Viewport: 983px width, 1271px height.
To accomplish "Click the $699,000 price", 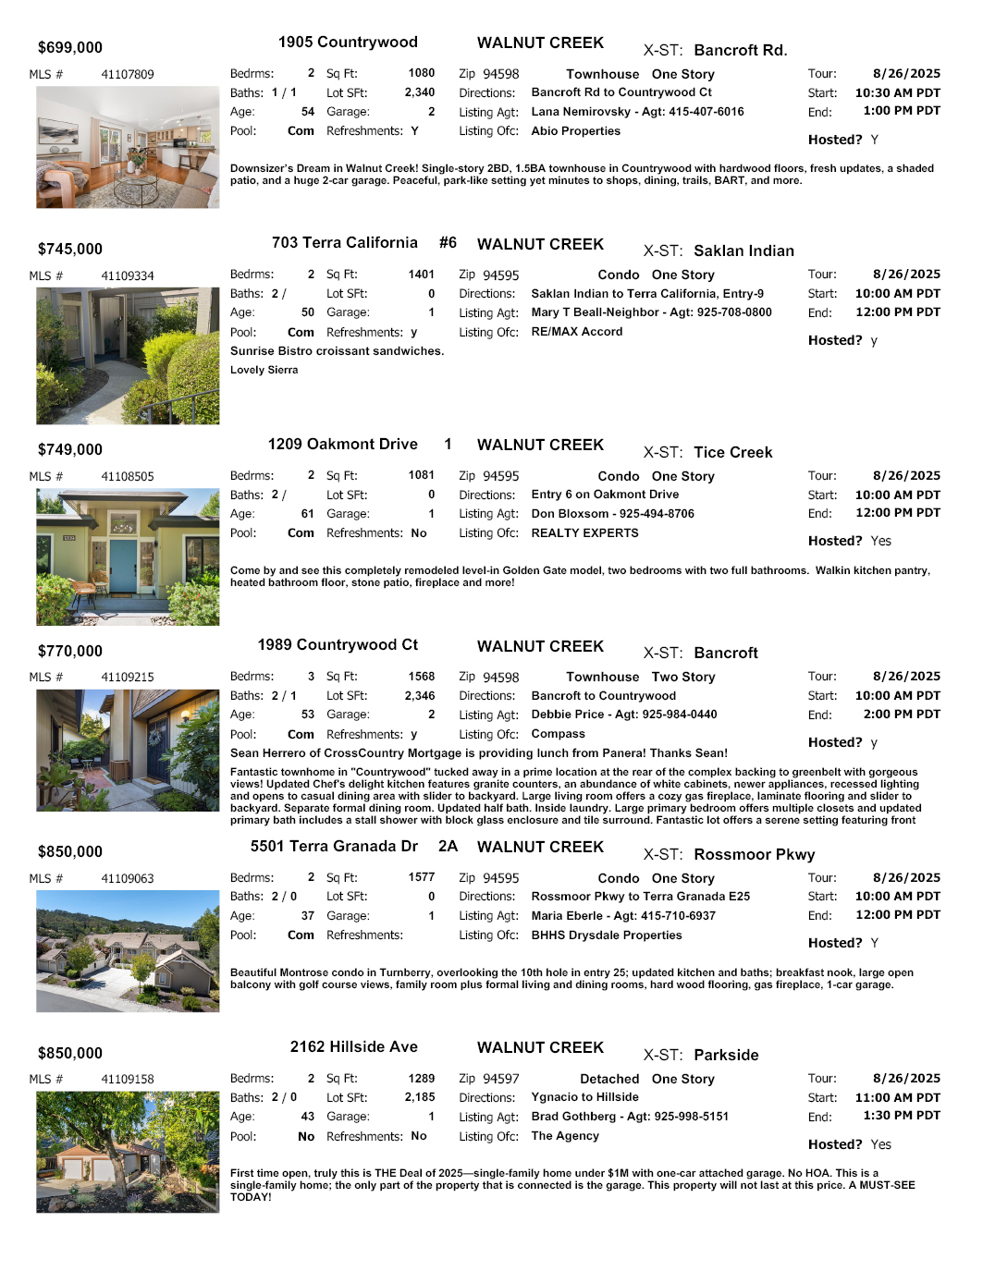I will click(70, 48).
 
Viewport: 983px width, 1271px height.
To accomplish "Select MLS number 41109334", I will click(128, 275).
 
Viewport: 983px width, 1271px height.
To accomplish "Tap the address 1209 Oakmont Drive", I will click(342, 445).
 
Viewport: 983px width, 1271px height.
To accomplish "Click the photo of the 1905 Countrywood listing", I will click(128, 147).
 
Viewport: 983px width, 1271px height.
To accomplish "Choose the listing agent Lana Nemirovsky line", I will click(637, 112).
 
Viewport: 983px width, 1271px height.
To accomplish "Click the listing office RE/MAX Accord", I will click(576, 332).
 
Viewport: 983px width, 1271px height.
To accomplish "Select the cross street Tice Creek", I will click(732, 452).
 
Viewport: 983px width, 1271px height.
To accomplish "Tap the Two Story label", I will click(682, 677).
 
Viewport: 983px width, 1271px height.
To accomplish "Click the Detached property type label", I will click(608, 1079).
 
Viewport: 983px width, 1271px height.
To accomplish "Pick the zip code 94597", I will click(501, 1079).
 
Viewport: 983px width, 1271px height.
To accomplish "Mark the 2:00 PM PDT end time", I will click(902, 715).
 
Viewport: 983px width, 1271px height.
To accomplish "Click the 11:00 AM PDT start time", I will click(897, 1097).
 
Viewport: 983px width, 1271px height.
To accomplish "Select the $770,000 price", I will click(70, 651).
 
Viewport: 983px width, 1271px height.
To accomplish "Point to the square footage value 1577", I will click(421, 877).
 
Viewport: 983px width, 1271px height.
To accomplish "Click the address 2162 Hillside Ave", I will click(353, 1047).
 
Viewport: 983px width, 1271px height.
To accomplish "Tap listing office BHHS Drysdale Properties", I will click(606, 935).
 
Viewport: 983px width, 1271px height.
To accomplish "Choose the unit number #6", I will click(448, 243).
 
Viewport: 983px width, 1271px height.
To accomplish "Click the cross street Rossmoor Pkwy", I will click(754, 854).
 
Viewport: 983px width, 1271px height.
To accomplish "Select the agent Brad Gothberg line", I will click(629, 1117).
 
